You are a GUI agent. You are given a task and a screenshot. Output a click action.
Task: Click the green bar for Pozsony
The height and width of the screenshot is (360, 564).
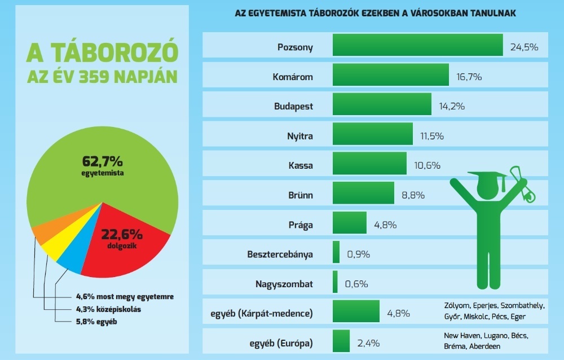click(x=417, y=45)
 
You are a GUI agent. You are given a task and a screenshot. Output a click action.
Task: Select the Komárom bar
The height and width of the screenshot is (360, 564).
click(x=391, y=75)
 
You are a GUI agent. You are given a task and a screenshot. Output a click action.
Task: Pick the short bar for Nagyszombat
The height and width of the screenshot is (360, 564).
click(x=335, y=282)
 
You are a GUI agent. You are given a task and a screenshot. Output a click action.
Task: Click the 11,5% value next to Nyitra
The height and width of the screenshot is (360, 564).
click(x=432, y=136)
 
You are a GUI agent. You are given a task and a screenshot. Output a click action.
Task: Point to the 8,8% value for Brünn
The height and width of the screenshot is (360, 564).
click(x=412, y=195)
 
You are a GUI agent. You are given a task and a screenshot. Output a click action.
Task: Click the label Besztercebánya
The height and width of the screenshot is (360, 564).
click(x=281, y=254)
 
